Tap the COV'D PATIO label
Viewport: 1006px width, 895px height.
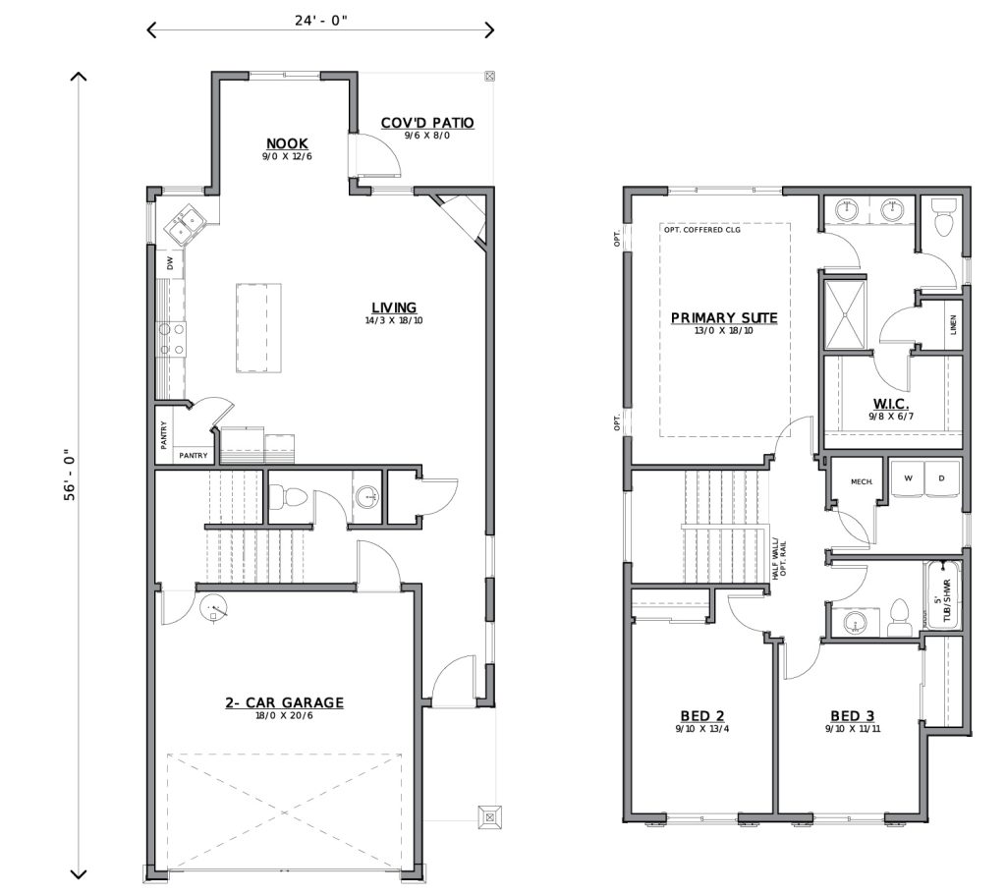(x=427, y=123)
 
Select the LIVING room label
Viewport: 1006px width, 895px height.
(x=394, y=308)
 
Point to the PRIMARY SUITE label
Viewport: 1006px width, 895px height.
(x=724, y=318)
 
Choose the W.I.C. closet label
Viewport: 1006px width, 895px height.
(x=891, y=404)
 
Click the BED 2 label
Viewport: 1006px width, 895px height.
(x=701, y=715)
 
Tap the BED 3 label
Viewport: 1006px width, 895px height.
(x=852, y=715)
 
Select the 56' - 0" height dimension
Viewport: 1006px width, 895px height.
(x=71, y=476)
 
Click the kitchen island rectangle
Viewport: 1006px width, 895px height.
(x=257, y=327)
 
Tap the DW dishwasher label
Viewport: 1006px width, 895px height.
(x=170, y=263)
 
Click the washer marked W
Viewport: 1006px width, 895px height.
(x=909, y=479)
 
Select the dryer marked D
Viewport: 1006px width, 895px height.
(x=941, y=479)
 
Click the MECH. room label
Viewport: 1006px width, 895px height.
(x=862, y=481)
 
